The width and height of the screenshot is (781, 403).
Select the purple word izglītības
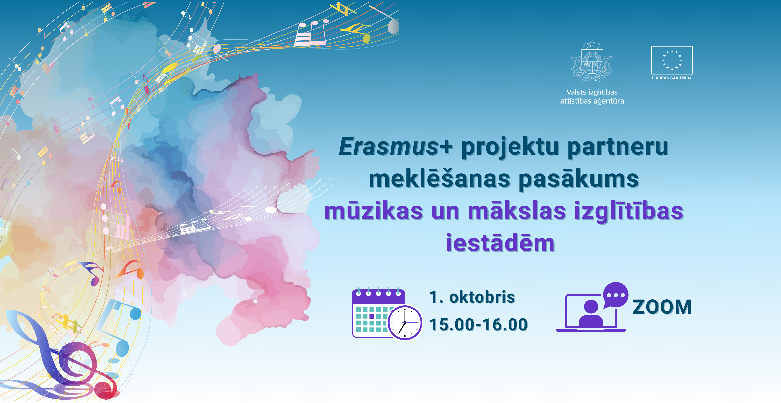coord(629,212)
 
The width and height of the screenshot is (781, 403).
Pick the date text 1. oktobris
coord(472,297)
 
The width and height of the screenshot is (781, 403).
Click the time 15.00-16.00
coord(479,324)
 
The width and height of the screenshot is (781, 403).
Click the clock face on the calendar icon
coord(405,322)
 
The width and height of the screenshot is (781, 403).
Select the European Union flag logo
coord(672,60)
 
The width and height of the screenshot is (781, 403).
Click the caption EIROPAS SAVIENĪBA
coord(672,78)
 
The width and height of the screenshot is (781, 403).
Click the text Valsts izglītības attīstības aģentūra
coord(592,96)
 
